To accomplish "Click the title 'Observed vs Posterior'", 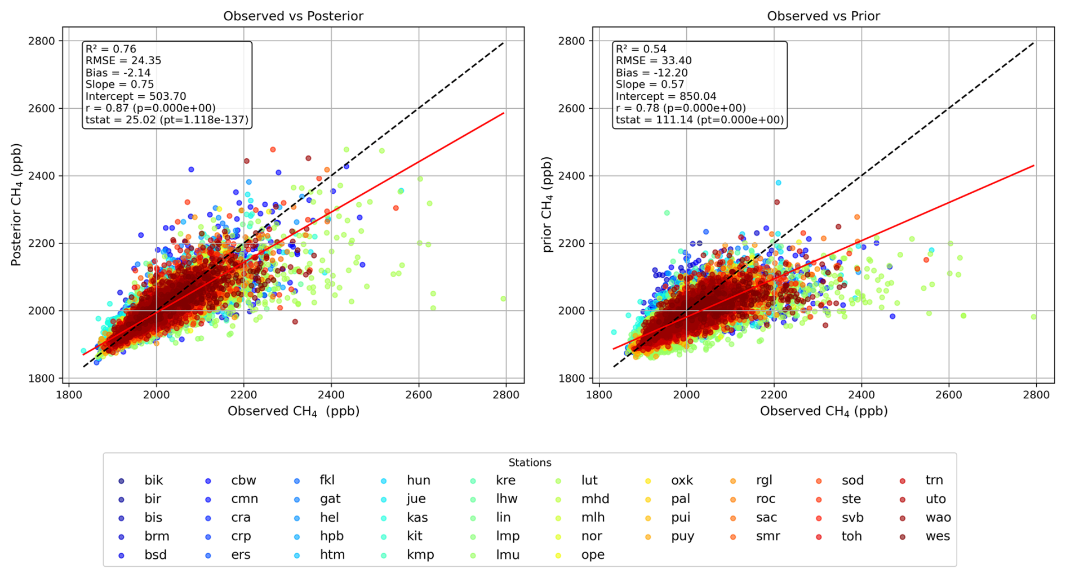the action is [x=293, y=16].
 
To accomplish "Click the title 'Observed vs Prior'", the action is [x=823, y=16].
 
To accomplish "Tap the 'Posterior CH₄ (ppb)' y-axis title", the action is [x=16, y=204].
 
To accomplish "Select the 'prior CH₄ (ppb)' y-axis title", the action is [x=547, y=204].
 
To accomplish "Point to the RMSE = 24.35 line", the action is [x=123, y=60].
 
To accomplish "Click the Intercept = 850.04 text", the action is [x=666, y=96].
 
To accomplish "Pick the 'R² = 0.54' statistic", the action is [x=641, y=48].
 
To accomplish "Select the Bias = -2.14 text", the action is [x=118, y=73].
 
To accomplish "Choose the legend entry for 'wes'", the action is [x=925, y=536].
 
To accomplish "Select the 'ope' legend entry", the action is [x=580, y=555].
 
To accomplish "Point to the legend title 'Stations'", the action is [x=530, y=463].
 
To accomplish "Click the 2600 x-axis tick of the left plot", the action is [x=419, y=394].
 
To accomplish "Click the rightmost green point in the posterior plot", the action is [x=503, y=299].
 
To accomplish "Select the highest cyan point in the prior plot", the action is [x=778, y=183].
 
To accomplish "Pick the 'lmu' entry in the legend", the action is [x=496, y=555].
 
